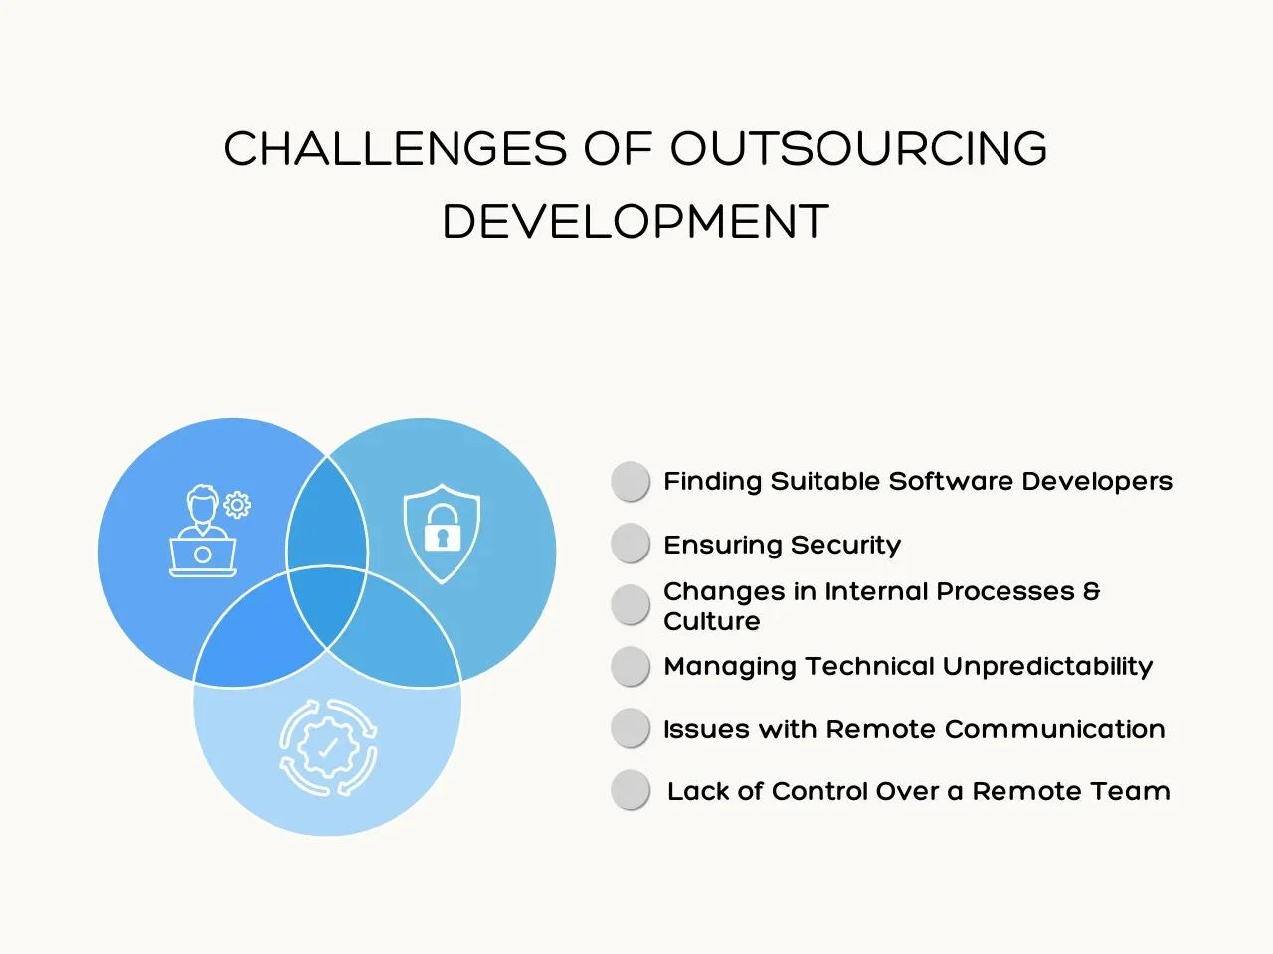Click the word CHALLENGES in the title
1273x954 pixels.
point(395,148)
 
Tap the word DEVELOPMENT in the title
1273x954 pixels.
point(636,221)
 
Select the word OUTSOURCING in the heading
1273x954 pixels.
point(859,148)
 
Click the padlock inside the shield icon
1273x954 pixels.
point(442,528)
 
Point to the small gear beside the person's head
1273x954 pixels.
point(237,505)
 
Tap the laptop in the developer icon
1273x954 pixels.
point(203,557)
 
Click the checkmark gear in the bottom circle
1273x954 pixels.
point(328,747)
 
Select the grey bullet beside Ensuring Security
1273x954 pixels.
point(631,544)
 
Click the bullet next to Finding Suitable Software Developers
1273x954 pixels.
point(631,481)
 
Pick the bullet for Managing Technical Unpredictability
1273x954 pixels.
point(631,666)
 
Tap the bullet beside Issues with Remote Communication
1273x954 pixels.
point(631,728)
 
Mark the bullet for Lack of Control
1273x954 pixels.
point(631,789)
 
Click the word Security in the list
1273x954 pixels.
point(845,546)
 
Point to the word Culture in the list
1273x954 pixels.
point(712,621)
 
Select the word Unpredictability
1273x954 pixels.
point(1047,667)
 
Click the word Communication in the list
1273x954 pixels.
point(1054,729)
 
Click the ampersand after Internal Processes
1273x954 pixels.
point(1091,591)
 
